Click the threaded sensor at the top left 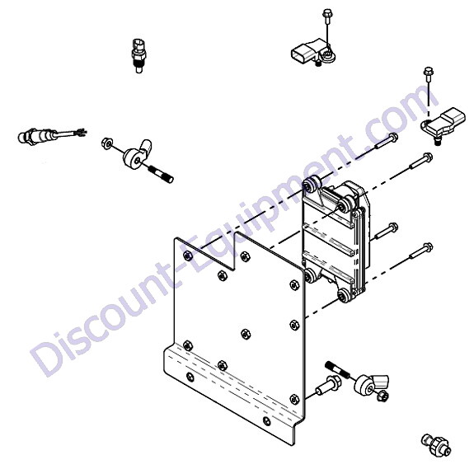click(138, 55)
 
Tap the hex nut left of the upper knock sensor click(107, 143)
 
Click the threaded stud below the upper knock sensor click(161, 176)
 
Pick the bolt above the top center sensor click(326, 18)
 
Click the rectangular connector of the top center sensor click(302, 54)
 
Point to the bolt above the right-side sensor click(429, 75)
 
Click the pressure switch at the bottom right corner click(436, 445)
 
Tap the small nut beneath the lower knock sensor click(382, 395)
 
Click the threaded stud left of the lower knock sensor click(337, 369)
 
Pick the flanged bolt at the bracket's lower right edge click(328, 387)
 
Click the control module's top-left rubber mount click(312, 185)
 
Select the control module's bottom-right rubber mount click(345, 295)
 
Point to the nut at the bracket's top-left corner click(188, 256)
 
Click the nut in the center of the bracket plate click(246, 334)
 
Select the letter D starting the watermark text click(49, 357)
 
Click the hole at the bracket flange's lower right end click(266, 420)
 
